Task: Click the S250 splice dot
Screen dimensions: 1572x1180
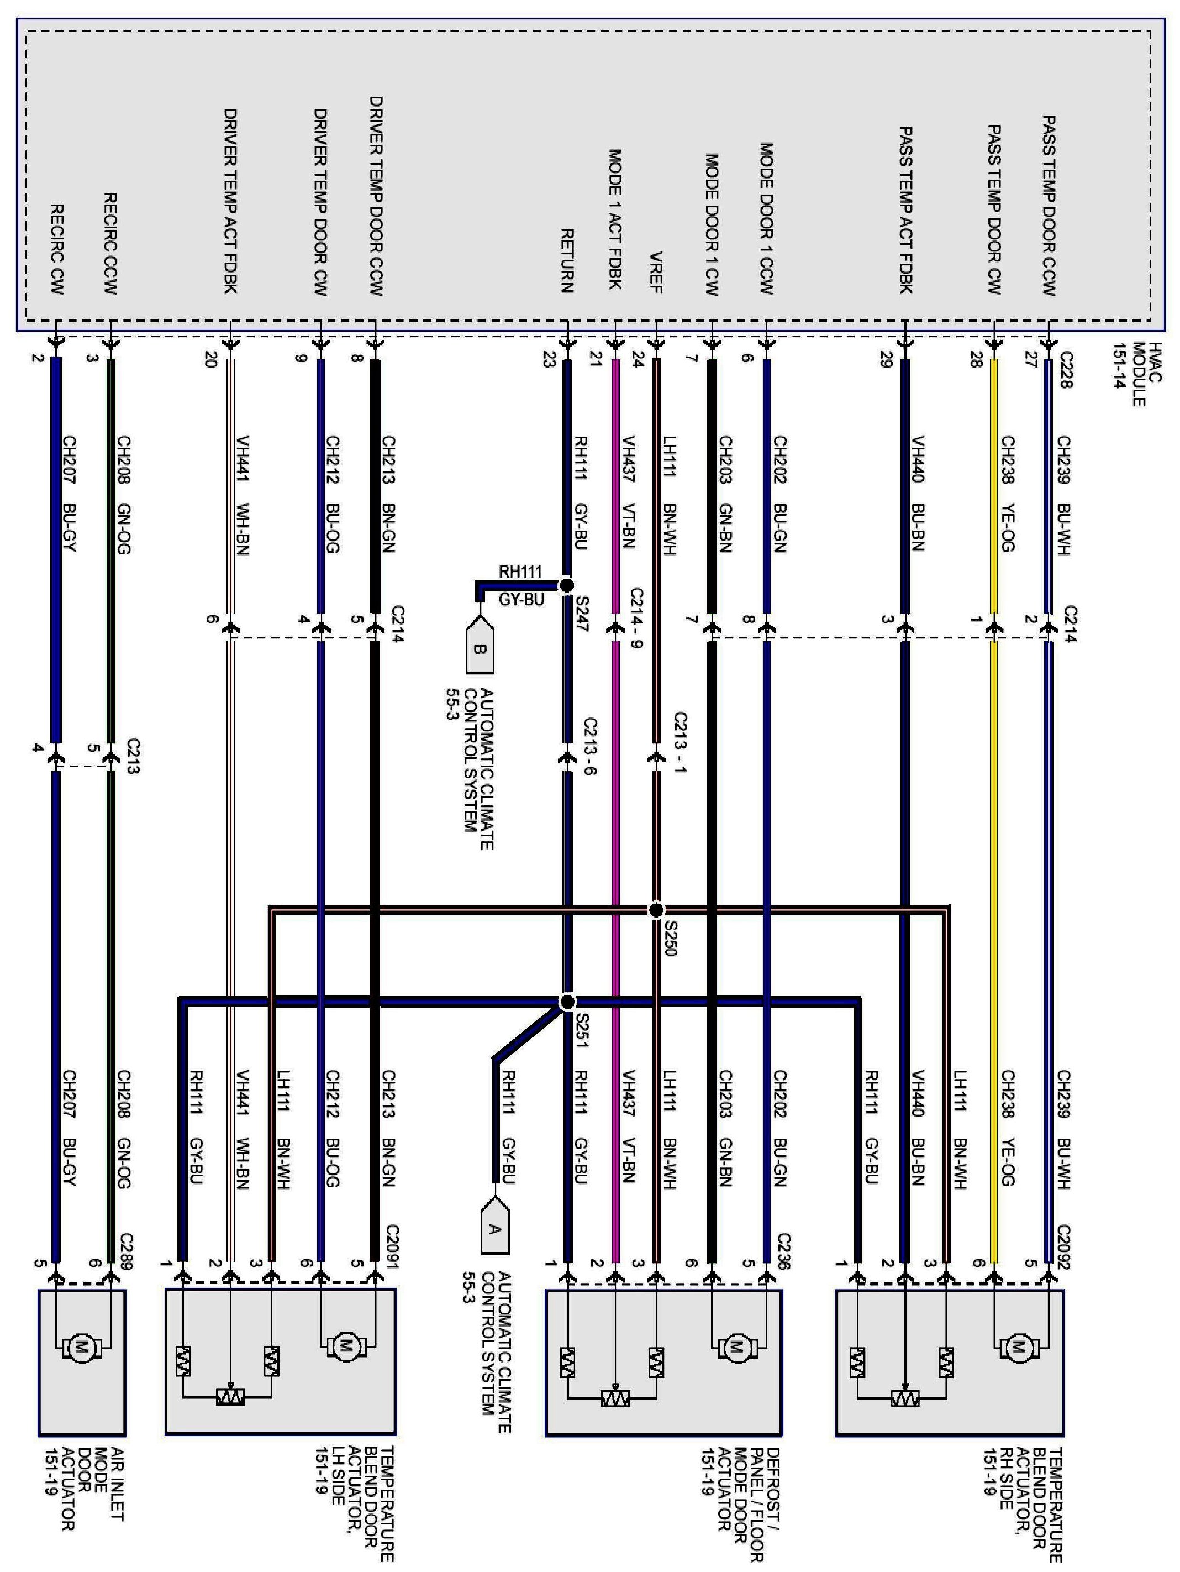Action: pos(656,910)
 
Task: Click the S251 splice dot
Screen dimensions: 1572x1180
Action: pos(567,1002)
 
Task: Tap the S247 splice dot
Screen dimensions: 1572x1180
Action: pos(566,585)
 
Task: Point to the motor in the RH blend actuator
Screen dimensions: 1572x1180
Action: pos(1019,1346)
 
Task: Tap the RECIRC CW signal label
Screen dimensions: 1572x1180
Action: pos(57,249)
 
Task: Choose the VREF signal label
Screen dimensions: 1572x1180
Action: pos(656,272)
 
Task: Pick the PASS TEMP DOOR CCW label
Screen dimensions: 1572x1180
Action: pos(1049,206)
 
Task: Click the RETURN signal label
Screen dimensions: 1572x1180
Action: pos(567,261)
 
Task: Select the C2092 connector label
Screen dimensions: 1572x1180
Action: pos(1063,1247)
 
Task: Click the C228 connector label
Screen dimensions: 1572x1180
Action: pos(1065,370)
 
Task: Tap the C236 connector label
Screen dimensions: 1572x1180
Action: pos(783,1250)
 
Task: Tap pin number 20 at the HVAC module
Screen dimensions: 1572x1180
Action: pos(210,360)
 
